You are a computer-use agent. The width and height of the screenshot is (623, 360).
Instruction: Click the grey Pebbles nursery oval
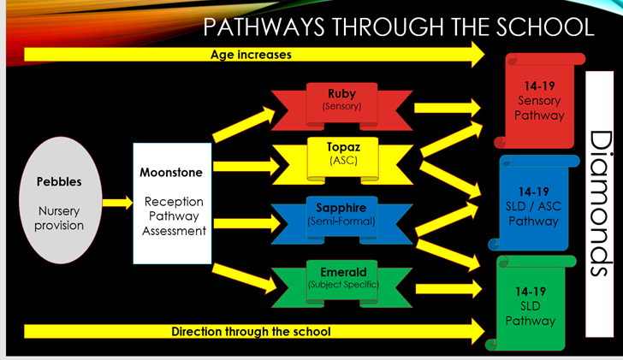click(x=61, y=200)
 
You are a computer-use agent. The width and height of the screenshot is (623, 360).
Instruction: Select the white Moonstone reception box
click(x=172, y=204)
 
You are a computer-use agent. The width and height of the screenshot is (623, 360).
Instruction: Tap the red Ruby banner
click(x=341, y=106)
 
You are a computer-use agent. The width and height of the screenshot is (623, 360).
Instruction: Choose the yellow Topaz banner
click(x=342, y=161)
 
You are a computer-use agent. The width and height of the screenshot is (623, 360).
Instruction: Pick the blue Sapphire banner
click(x=341, y=221)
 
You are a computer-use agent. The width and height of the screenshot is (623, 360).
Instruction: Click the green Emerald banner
click(x=341, y=284)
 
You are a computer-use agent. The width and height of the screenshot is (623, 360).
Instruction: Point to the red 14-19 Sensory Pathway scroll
click(x=539, y=101)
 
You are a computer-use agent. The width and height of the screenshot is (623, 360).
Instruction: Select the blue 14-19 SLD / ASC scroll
click(x=534, y=203)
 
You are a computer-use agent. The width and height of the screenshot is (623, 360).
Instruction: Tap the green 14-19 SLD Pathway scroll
click(x=531, y=304)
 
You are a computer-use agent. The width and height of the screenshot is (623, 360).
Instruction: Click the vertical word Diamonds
click(x=600, y=204)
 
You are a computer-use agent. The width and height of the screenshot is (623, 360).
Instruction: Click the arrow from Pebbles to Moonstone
click(x=117, y=203)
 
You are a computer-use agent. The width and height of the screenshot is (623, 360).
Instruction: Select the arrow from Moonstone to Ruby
click(x=244, y=125)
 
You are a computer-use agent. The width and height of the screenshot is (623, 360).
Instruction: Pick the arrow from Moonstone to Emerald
click(x=245, y=278)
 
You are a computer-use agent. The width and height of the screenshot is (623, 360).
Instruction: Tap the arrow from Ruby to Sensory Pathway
click(x=448, y=108)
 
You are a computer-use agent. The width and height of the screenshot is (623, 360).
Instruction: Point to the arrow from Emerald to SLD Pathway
click(x=448, y=288)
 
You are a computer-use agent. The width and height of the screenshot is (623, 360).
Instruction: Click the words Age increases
click(x=251, y=55)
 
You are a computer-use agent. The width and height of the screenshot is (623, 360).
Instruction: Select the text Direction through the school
click(x=251, y=332)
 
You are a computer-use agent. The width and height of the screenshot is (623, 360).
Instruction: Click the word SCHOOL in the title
click(x=545, y=27)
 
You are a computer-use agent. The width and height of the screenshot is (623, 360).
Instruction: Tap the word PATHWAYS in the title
click(x=264, y=27)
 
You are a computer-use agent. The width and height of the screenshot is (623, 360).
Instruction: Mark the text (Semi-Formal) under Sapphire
click(x=341, y=221)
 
